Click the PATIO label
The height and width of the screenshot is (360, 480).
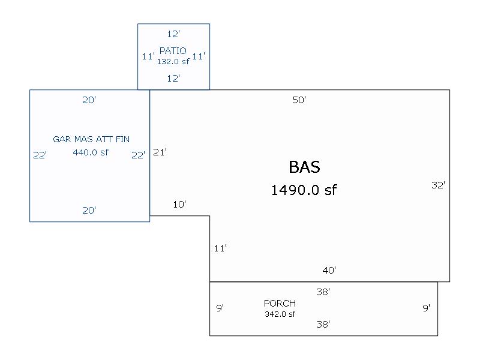pyautogui.click(x=173, y=51)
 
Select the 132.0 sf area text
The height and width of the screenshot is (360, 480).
pyautogui.click(x=173, y=61)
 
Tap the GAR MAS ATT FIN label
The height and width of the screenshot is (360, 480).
pyautogui.click(x=91, y=139)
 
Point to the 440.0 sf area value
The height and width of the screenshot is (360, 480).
pyautogui.click(x=91, y=152)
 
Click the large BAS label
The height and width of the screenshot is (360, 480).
pyautogui.click(x=304, y=167)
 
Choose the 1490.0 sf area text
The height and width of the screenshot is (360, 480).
pyautogui.click(x=304, y=190)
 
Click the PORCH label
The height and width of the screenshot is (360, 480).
pyautogui.click(x=280, y=304)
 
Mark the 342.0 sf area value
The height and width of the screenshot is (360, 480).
pyautogui.click(x=280, y=314)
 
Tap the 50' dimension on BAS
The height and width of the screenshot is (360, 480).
pyautogui.click(x=299, y=100)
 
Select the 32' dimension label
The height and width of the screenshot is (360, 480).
pyautogui.click(x=438, y=185)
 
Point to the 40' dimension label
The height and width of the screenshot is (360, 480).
pyautogui.click(x=329, y=271)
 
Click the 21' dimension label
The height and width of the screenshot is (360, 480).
pyautogui.click(x=160, y=152)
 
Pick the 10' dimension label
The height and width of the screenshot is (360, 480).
pyautogui.click(x=179, y=205)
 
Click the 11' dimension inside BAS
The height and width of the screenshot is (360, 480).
pyautogui.click(x=220, y=248)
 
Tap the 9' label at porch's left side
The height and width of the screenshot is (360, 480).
pyautogui.click(x=220, y=308)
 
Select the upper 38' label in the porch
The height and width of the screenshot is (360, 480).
pyautogui.click(x=323, y=292)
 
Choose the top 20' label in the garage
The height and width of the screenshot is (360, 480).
pyautogui.click(x=89, y=100)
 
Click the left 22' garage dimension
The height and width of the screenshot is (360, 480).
pyautogui.click(x=40, y=155)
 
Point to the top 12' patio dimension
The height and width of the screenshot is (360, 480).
pyautogui.click(x=173, y=34)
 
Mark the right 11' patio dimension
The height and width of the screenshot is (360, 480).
pyautogui.click(x=199, y=56)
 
